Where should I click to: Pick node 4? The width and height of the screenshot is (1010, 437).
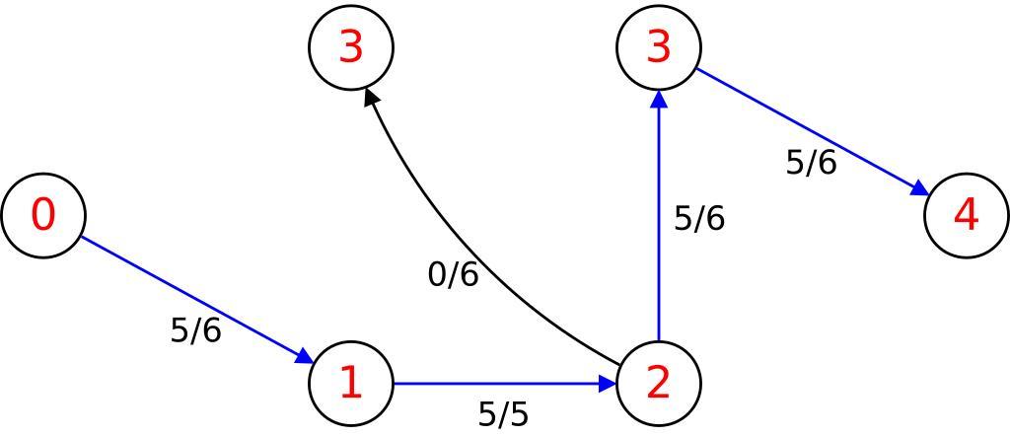[x=967, y=215]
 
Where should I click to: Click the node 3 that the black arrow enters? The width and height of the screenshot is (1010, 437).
[x=351, y=47]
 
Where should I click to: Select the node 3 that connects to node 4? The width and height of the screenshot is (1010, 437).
[x=658, y=47]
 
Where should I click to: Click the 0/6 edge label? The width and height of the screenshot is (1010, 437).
[x=453, y=274]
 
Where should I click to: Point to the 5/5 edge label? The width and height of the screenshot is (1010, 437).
[x=503, y=414]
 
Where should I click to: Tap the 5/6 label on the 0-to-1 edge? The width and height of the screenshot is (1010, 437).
[x=195, y=330]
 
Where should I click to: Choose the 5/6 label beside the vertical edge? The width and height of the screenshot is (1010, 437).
[x=699, y=218]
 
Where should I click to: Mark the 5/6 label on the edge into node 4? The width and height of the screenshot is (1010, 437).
[x=811, y=162]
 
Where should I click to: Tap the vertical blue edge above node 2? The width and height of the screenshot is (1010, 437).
[x=658, y=227]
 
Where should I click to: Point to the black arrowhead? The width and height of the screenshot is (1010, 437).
[x=372, y=98]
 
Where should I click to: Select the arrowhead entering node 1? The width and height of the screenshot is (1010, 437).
[x=304, y=357]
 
